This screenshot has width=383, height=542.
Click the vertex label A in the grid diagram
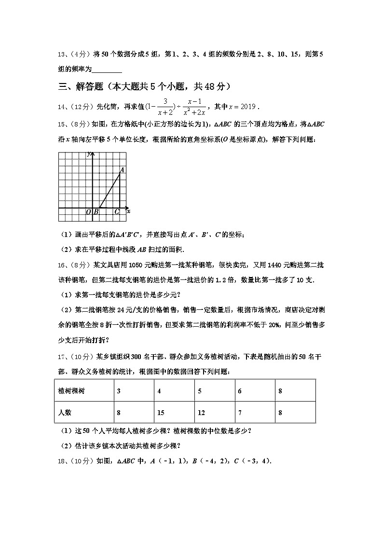point(122,170)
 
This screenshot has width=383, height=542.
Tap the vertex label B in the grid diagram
point(96,212)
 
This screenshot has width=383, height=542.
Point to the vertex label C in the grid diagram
point(117,212)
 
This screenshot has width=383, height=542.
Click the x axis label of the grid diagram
point(129,211)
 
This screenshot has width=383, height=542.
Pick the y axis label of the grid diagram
point(89,153)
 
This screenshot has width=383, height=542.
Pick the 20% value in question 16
point(276,325)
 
